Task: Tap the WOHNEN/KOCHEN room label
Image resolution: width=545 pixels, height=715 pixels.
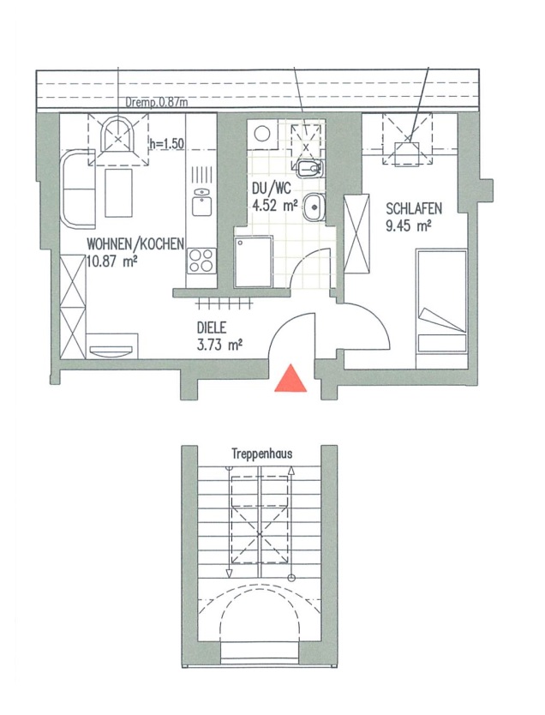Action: [135, 244]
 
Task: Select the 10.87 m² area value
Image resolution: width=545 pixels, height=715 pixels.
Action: [112, 262]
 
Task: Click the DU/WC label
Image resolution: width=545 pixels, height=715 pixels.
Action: [271, 189]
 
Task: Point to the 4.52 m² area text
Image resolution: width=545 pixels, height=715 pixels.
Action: [275, 206]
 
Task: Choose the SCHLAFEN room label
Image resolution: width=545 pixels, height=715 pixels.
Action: [414, 209]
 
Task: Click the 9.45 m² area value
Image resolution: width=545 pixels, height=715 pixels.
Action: [409, 225]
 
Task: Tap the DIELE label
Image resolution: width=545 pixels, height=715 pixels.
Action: [212, 327]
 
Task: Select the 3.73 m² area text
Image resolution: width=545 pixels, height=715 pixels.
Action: [219, 345]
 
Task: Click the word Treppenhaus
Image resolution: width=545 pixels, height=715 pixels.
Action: [262, 454]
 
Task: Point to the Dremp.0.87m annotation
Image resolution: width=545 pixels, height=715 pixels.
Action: [157, 103]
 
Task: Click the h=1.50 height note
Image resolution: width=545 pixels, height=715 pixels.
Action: [167, 144]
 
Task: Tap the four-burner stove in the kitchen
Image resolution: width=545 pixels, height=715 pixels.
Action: [201, 261]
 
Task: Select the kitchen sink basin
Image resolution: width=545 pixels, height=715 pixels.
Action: [201, 202]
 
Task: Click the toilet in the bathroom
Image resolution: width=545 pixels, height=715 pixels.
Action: [310, 170]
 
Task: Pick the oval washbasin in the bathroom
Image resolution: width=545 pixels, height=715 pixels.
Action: [314, 207]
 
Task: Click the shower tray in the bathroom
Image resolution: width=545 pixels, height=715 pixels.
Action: [254, 261]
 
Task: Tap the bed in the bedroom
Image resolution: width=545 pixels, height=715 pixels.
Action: [441, 309]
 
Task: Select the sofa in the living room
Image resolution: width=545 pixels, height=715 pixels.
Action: [78, 189]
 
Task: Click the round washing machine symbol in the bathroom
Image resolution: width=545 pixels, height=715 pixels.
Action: [262, 135]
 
